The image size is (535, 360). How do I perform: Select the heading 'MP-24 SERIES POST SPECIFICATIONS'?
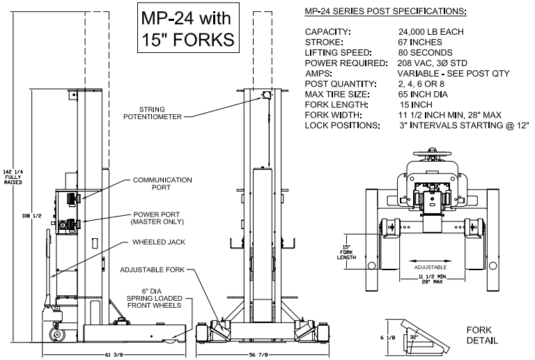pyautogui.click(x=381, y=12)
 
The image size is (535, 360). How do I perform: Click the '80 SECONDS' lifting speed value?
pyautogui.click(x=425, y=53)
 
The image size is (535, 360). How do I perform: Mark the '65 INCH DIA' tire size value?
pyautogui.click(x=425, y=94)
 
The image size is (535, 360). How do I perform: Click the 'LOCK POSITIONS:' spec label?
pyautogui.click(x=341, y=125)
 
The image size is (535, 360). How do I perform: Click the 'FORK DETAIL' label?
pyautogui.click(x=482, y=336)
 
